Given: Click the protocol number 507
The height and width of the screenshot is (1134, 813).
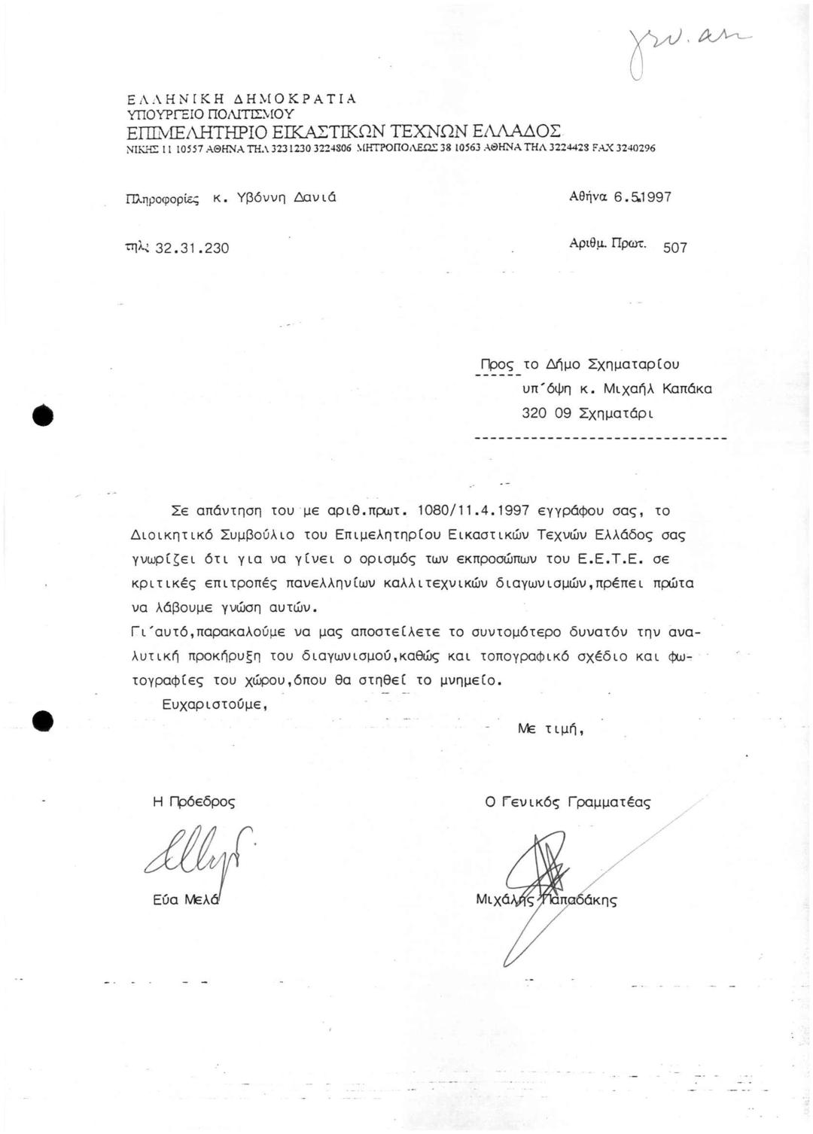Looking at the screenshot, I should [x=674, y=247].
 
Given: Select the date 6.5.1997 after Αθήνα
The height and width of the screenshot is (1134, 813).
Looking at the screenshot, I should [x=642, y=197].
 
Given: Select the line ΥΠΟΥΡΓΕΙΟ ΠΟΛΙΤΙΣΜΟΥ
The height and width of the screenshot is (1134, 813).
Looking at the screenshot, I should [x=199, y=114].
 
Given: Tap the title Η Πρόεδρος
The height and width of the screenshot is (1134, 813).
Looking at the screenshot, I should [x=194, y=801].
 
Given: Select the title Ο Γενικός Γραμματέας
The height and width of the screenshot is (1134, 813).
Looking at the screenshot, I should [x=568, y=801].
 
